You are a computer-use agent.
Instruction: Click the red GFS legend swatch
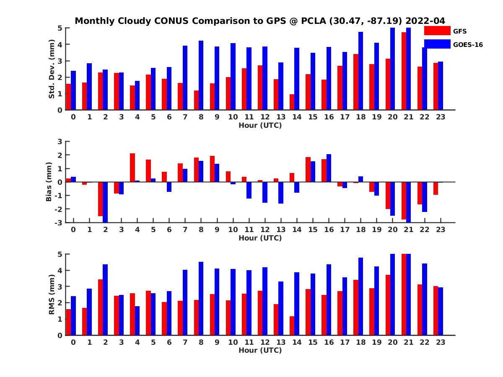[438, 31]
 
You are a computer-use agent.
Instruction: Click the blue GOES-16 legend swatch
[438, 44]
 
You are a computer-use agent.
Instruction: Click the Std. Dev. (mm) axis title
[52, 69]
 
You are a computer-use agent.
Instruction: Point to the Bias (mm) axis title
[49, 182]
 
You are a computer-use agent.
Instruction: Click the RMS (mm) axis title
[52, 294]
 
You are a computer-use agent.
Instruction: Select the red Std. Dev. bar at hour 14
[292, 102]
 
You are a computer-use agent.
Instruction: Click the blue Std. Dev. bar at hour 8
[201, 75]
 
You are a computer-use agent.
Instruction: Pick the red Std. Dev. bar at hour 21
[404, 71]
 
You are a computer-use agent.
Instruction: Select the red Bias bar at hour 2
[101, 199]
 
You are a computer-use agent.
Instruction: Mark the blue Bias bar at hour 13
[281, 193]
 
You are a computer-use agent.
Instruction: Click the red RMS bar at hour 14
[292, 325]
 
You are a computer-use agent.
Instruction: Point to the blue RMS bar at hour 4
[137, 320]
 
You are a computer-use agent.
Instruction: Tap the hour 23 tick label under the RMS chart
[440, 342]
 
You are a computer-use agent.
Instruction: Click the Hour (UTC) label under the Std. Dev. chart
[260, 125]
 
